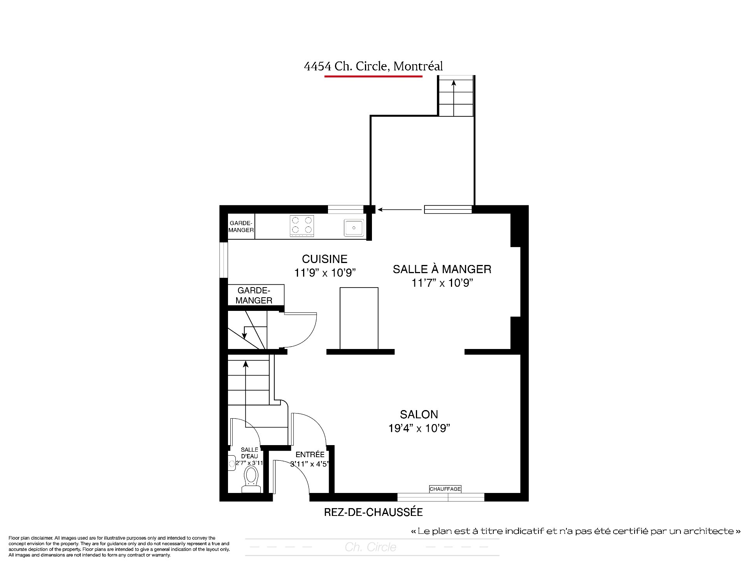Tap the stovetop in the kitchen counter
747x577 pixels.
302,226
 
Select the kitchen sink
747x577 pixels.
354,227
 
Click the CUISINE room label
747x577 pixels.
324,259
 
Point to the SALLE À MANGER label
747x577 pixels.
442,269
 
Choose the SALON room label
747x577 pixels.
419,414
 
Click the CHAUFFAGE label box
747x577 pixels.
445,489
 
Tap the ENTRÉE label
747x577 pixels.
310,454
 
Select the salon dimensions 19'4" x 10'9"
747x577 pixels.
419,428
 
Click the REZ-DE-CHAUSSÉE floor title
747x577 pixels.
373,512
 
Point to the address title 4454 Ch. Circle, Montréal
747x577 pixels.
373,66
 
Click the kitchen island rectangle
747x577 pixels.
359,318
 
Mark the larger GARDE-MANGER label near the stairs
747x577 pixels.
254,295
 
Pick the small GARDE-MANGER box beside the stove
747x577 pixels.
241,226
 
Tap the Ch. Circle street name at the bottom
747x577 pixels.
370,547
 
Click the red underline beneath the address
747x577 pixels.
373,76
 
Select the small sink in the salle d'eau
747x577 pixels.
232,463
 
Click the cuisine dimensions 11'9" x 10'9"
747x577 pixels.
325,273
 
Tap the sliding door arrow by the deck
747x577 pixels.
400,210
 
